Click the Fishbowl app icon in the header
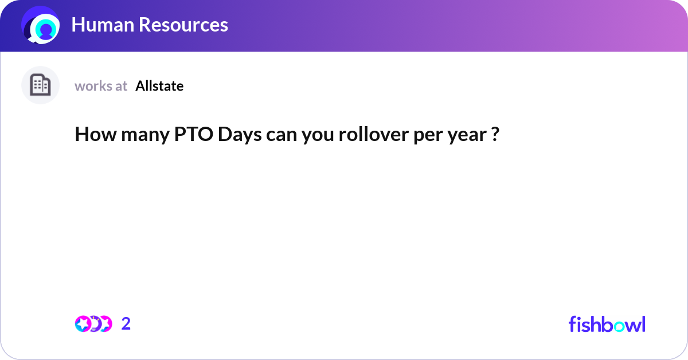click(41, 25)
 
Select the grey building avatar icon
click(40, 85)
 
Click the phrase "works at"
click(101, 86)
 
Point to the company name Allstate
click(159, 86)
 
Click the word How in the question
click(90, 135)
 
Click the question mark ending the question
click(495, 135)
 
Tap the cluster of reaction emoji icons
click(93, 324)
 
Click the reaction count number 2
click(126, 324)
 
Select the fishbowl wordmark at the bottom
click(607, 324)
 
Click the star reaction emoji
click(83, 324)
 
